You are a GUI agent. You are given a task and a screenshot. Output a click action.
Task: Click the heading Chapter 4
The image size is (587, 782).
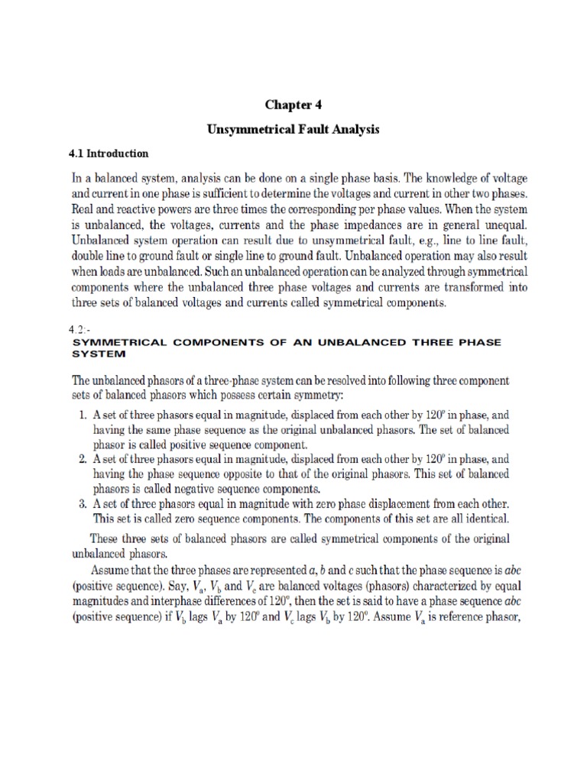293,104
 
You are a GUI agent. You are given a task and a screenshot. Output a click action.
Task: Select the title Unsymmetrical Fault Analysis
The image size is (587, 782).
293,130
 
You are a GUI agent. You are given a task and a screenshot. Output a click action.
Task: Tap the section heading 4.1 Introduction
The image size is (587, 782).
109,153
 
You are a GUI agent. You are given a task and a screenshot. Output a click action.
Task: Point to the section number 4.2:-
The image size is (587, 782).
80,330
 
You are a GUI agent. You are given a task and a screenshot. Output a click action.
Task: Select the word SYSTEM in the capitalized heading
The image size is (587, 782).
97,354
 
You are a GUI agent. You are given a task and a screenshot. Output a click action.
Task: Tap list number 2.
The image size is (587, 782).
83,460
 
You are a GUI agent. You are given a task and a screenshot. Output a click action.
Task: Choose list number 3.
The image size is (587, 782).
83,504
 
